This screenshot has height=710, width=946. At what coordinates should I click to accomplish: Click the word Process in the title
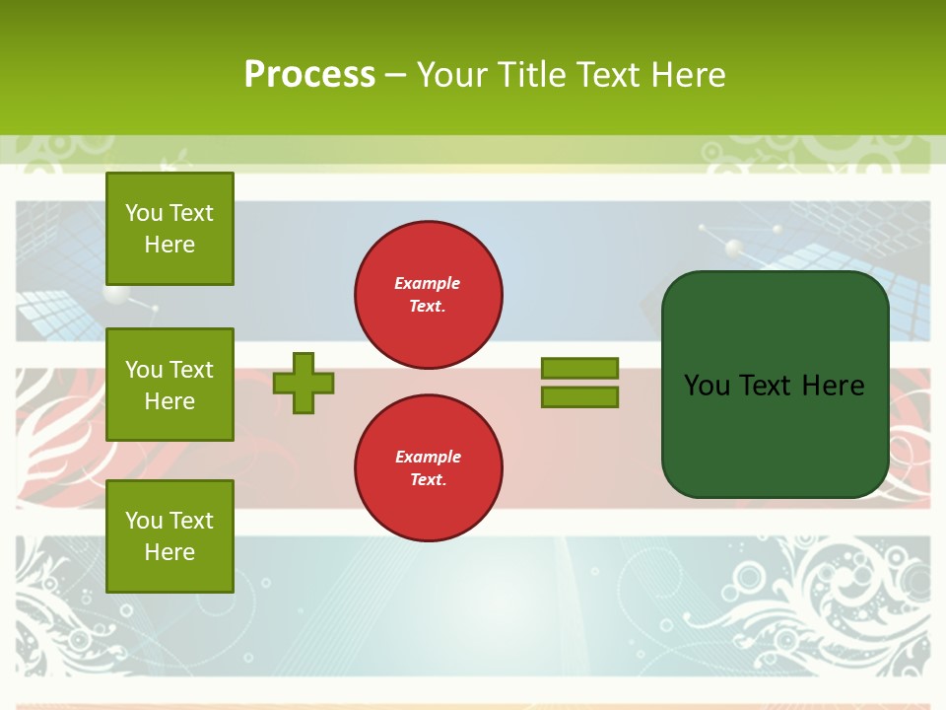[309, 75]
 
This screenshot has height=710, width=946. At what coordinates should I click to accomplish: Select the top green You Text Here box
[169, 229]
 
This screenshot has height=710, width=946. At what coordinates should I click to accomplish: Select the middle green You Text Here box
[169, 385]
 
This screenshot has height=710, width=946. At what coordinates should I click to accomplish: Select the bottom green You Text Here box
[169, 536]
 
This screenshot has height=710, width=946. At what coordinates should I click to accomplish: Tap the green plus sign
[304, 383]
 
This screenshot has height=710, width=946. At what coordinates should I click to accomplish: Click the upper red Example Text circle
[429, 295]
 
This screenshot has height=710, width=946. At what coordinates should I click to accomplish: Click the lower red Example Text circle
[429, 468]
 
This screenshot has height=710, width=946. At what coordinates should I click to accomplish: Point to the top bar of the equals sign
[579, 368]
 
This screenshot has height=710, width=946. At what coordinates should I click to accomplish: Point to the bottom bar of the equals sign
[579, 397]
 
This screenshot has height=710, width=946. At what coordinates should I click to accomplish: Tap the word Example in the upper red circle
[428, 283]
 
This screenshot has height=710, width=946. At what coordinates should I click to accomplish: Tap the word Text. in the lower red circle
[428, 480]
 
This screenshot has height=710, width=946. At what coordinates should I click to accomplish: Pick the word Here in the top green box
[169, 245]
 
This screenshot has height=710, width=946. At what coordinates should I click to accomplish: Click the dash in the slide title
[395, 75]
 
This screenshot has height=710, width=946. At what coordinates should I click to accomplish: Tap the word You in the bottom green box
[144, 521]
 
